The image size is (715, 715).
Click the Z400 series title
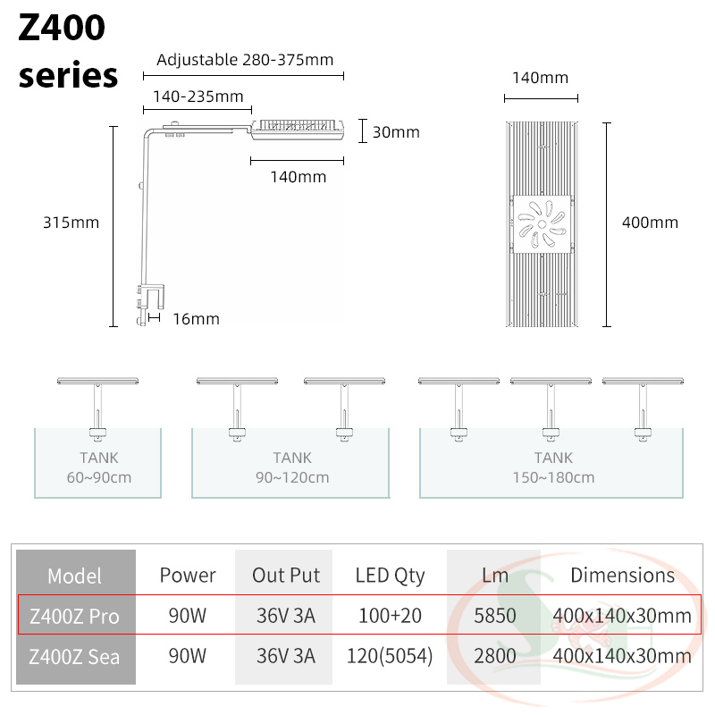(x=68, y=52)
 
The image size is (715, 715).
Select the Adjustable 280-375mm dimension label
(x=244, y=61)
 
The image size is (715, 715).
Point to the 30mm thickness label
(x=396, y=132)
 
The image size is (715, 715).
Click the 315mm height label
(x=71, y=223)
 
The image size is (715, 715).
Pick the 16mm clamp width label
(x=196, y=319)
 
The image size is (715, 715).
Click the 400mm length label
(x=650, y=223)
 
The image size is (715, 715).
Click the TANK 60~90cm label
(x=98, y=467)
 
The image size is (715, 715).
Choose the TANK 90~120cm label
(x=292, y=467)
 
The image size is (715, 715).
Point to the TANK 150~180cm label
(x=553, y=467)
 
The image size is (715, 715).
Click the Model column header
(x=74, y=576)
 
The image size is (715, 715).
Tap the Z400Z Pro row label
(x=74, y=616)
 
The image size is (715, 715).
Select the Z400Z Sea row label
(x=74, y=656)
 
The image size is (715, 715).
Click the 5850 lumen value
(x=494, y=616)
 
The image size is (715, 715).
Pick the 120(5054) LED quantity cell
(x=390, y=656)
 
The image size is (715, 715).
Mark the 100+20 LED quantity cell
(x=390, y=616)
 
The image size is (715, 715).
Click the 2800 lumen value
(x=494, y=656)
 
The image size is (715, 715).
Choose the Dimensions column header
(x=622, y=576)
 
